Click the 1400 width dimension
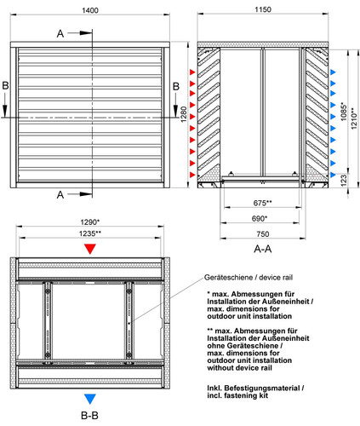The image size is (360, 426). click(x=90, y=10)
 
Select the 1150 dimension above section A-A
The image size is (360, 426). click(x=263, y=9)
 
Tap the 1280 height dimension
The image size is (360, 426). click(x=184, y=114)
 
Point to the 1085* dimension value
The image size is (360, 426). click(x=344, y=112)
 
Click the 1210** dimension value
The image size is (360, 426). click(x=354, y=118)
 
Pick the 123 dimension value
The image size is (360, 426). click(x=343, y=181)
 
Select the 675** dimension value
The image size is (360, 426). click(x=262, y=203)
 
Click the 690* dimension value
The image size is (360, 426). click(x=260, y=218)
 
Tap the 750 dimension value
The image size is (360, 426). click(x=263, y=234)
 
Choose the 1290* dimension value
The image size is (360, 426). click(x=90, y=222)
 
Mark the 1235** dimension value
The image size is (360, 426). click(x=90, y=233)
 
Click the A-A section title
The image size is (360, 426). click(x=263, y=249)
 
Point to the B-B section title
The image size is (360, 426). click(x=89, y=416)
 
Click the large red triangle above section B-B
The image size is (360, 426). click(x=90, y=248)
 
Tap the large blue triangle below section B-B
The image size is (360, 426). click(x=90, y=399)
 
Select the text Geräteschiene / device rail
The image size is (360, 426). click(x=249, y=278)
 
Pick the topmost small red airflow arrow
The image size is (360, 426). click(x=192, y=72)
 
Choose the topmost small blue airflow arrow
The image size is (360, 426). click(x=333, y=72)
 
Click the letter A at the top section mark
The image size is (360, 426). click(x=60, y=34)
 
